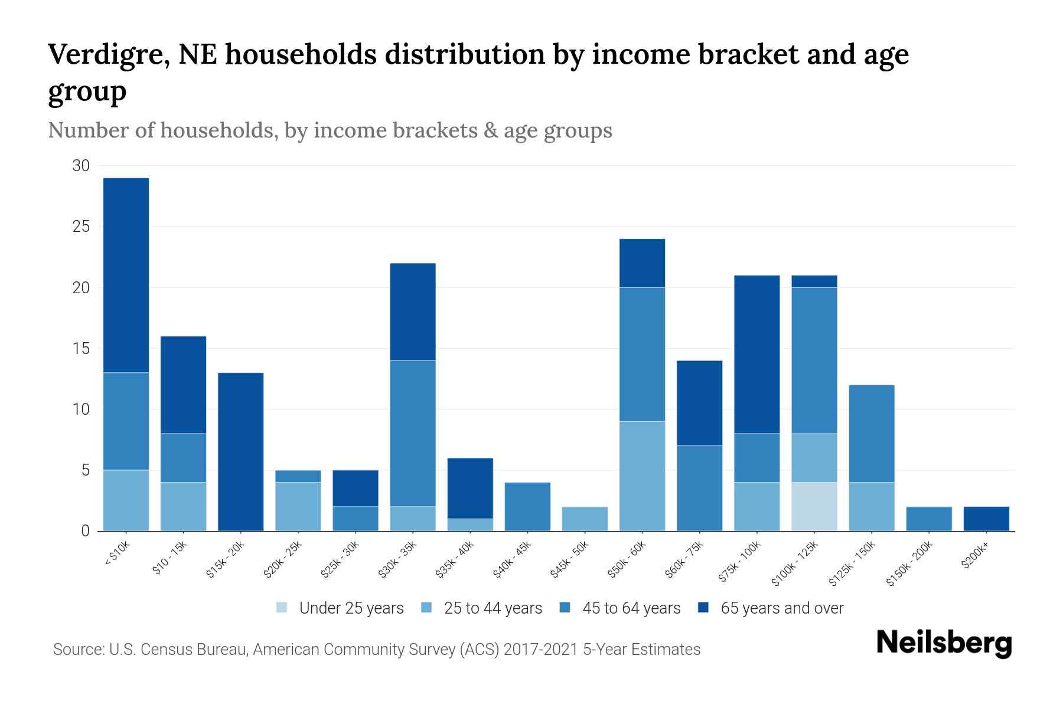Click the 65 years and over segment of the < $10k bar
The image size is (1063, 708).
click(126, 275)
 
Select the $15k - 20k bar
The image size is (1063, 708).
click(240, 451)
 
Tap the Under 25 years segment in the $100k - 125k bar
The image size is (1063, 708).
click(814, 506)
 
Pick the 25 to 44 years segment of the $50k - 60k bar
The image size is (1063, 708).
click(642, 476)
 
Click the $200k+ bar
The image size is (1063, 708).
click(986, 519)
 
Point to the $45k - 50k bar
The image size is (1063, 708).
click(585, 519)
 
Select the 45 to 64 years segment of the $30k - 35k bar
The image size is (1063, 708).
click(413, 433)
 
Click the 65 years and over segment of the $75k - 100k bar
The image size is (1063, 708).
click(757, 354)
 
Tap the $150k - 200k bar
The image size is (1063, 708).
click(929, 519)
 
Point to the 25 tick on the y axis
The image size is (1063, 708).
click(81, 227)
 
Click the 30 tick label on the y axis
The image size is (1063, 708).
click(81, 166)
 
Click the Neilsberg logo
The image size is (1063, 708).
click(944, 643)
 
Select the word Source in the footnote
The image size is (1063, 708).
click(77, 650)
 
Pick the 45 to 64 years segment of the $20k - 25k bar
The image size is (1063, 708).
click(298, 476)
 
